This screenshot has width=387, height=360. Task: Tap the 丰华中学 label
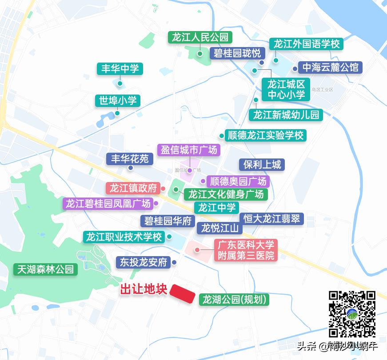click(120, 69)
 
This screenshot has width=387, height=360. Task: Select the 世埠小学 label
click(117, 101)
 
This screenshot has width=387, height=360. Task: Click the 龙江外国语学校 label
click(306, 44)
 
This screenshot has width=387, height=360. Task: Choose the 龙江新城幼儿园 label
click(286, 115)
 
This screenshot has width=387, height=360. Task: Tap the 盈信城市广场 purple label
click(189, 150)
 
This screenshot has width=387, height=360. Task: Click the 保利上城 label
click(262, 165)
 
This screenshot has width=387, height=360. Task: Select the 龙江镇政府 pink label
click(133, 188)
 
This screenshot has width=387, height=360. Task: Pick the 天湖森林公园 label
click(45, 269)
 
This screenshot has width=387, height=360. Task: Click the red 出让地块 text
click(144, 290)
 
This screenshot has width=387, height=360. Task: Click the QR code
click(352, 313)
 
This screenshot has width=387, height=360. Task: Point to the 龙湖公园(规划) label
click(235, 300)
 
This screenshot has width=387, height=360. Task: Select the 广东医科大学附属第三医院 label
click(245, 250)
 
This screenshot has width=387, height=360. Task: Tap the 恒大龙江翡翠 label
click(271, 218)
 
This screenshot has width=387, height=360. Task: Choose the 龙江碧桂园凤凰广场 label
click(108, 204)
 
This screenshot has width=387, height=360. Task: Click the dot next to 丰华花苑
click(131, 168)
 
